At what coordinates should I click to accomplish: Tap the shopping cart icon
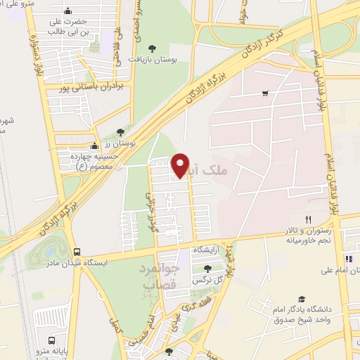tap(265, 94)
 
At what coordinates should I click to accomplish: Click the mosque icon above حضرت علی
tap(67, 11)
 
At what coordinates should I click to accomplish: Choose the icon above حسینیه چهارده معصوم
tap(94, 146)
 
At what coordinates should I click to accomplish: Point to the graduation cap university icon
tap(302, 299)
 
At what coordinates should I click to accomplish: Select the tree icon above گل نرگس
tap(207, 268)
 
